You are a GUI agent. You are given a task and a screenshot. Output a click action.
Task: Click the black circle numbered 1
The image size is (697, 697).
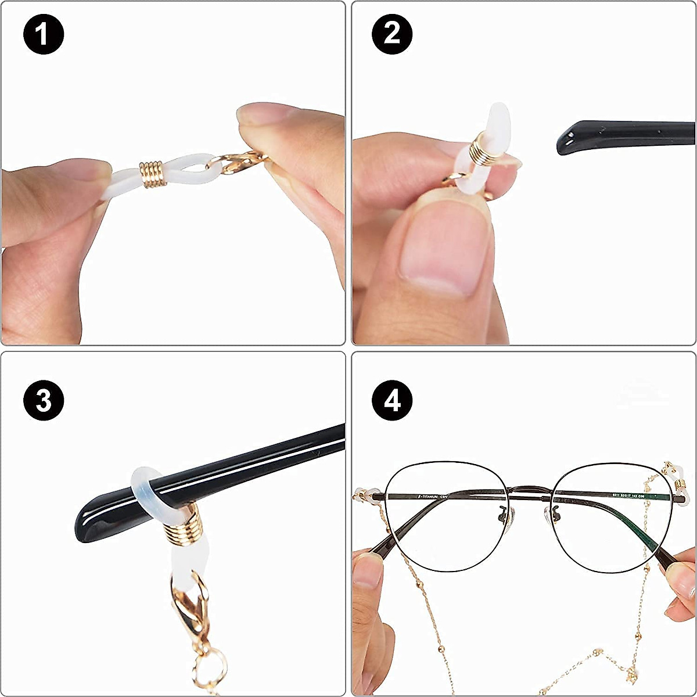(x=43, y=34)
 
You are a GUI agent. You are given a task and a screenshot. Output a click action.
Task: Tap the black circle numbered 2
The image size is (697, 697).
(x=392, y=34)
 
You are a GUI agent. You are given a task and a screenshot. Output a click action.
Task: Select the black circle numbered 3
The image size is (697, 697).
(x=43, y=400)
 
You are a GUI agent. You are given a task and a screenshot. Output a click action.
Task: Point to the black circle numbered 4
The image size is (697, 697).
(x=392, y=400)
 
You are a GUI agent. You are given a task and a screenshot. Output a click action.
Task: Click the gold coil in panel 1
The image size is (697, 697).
(x=152, y=174)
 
